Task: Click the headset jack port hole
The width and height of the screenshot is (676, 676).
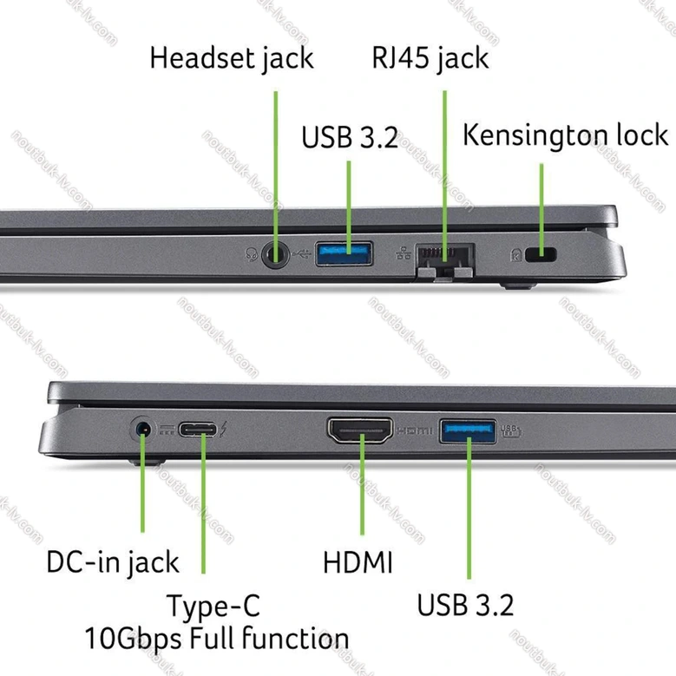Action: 275,254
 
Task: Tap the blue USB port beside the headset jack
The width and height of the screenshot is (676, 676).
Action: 344,254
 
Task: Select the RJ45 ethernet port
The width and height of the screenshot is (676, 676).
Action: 445,260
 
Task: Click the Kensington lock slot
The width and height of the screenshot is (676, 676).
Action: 541,254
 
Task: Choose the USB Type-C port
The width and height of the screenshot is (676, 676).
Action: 198,430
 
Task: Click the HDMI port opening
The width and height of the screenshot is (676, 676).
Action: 360,430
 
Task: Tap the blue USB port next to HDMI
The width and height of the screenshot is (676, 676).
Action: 468,431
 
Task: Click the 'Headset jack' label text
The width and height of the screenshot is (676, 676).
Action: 232,59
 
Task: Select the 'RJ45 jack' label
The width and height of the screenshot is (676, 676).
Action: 430,59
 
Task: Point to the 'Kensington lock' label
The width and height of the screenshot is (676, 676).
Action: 565,135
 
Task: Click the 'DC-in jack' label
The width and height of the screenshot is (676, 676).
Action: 113,562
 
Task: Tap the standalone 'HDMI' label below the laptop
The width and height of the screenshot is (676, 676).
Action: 358,562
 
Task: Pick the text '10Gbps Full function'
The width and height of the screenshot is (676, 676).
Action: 216,639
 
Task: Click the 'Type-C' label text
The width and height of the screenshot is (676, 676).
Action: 213,607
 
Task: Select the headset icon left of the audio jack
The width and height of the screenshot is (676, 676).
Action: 252,254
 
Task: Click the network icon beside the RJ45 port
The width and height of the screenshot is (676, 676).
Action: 404,253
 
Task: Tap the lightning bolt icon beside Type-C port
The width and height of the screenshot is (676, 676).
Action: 224,429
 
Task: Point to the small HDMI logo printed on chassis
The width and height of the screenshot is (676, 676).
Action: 414,430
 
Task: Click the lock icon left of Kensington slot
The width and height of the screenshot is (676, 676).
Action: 516,255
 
